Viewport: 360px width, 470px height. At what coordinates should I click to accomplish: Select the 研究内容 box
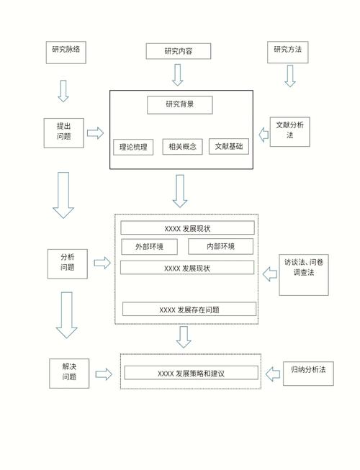click(x=178, y=51)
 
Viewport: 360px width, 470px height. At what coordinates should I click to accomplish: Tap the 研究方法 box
click(x=287, y=51)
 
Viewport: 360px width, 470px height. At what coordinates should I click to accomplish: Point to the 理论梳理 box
click(x=134, y=148)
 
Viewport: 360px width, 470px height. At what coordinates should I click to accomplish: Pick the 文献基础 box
click(x=230, y=148)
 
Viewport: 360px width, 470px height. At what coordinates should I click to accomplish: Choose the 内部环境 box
click(x=220, y=247)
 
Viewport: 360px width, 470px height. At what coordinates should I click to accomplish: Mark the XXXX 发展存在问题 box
click(x=189, y=309)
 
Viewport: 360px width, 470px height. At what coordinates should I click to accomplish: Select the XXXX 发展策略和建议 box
click(x=191, y=374)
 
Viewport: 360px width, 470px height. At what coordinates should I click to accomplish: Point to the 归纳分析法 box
click(x=309, y=371)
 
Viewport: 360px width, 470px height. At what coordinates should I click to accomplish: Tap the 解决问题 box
click(x=69, y=371)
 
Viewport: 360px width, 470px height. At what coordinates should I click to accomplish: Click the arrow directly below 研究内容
click(x=178, y=74)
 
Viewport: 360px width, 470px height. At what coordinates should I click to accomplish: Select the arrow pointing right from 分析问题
click(x=102, y=263)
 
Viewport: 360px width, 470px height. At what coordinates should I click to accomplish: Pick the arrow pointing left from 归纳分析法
click(x=272, y=374)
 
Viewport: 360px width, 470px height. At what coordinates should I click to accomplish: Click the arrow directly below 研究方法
click(x=289, y=76)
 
